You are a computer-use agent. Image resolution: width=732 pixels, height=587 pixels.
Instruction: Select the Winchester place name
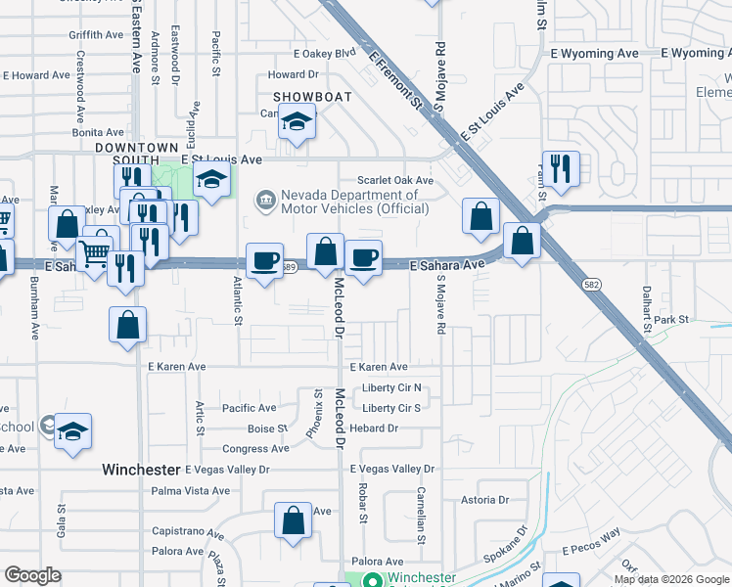click(141, 470)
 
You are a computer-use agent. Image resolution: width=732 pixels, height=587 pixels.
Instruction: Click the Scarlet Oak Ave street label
click(394, 181)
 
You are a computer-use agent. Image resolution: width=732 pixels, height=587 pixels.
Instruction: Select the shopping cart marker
click(94, 254)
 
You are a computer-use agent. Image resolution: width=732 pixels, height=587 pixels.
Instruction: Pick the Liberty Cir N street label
click(390, 388)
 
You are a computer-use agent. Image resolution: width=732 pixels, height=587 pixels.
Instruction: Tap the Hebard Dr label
click(380, 429)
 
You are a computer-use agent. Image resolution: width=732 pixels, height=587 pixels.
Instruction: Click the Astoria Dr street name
click(485, 500)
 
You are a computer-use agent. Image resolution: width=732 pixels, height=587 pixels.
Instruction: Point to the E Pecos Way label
click(590, 534)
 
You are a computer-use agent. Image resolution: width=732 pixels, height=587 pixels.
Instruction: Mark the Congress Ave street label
click(256, 449)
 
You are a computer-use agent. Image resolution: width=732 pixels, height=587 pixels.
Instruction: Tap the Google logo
click(32, 574)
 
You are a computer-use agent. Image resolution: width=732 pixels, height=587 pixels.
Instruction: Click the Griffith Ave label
click(95, 34)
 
